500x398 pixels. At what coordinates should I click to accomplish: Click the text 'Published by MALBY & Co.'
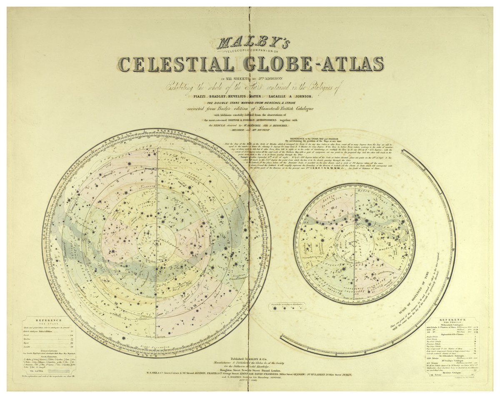pos(249,359)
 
